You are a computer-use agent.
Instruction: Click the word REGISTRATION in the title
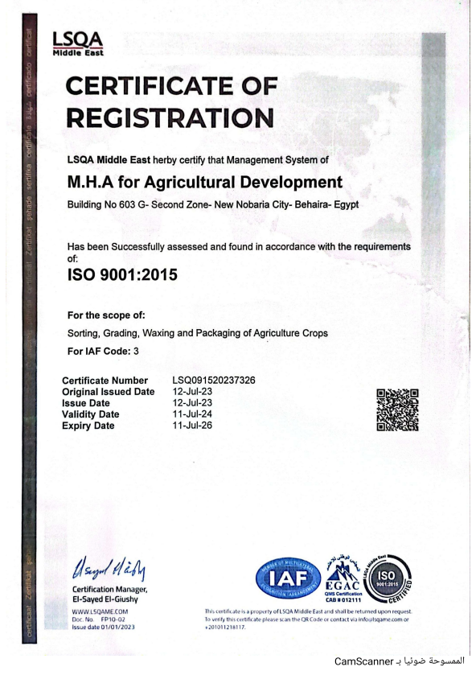pyautogui.click(x=170, y=117)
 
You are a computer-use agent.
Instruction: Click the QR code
pyautogui.click(x=398, y=409)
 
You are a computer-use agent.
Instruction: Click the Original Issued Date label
pyautogui.click(x=108, y=392)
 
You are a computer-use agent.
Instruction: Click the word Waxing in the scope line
pyautogui.click(x=182, y=333)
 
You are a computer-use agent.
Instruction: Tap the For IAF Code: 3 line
pyautogui.click(x=104, y=352)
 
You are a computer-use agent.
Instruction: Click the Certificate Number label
pyautogui.click(x=105, y=380)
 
